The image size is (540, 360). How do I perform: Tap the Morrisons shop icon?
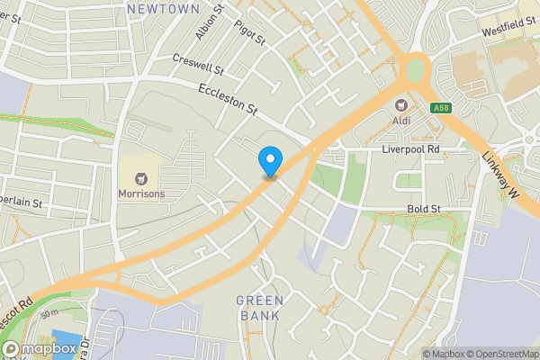click(x=140, y=176)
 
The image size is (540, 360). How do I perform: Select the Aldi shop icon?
click(x=401, y=103)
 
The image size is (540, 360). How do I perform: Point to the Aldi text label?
click(x=401, y=120)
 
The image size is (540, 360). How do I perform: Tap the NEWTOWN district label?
click(x=163, y=8)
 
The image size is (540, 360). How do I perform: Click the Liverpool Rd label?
click(x=409, y=148)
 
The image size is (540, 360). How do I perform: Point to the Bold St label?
click(x=422, y=209)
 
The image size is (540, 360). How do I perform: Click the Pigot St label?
click(x=249, y=33)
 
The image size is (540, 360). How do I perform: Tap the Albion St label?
click(x=207, y=22)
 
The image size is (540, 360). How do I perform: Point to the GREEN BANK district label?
click(x=260, y=308)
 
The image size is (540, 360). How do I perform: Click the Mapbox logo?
click(x=40, y=348)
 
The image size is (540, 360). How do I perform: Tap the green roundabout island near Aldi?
click(x=415, y=68)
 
